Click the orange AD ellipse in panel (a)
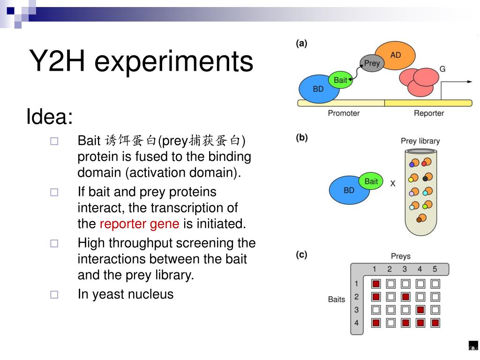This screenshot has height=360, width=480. click(x=396, y=55)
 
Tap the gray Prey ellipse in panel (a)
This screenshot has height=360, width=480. click(x=372, y=63)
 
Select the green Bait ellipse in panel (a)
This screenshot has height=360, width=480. click(x=340, y=80)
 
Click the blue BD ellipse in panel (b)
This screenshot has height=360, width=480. click(x=348, y=190)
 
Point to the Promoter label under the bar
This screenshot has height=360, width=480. click(x=344, y=113)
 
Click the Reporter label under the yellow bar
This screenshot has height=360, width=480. click(x=428, y=113)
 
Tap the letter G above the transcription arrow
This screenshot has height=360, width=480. click(x=442, y=69)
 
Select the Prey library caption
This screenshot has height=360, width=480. click(x=420, y=141)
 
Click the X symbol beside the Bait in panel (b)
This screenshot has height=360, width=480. click(x=393, y=184)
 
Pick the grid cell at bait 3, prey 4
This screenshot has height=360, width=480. click(x=420, y=310)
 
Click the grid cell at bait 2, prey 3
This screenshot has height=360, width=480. click(x=405, y=297)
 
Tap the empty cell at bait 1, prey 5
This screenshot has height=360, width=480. click(x=435, y=284)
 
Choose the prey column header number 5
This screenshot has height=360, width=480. click(x=435, y=269)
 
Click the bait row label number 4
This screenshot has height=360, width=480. click(x=356, y=322)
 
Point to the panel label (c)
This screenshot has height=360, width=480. click(x=301, y=255)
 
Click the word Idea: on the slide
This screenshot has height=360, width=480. click(x=50, y=117)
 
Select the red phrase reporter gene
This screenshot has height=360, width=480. click(x=139, y=224)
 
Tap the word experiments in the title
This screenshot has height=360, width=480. click(x=173, y=62)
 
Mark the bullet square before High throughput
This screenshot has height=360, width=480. click(x=54, y=243)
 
